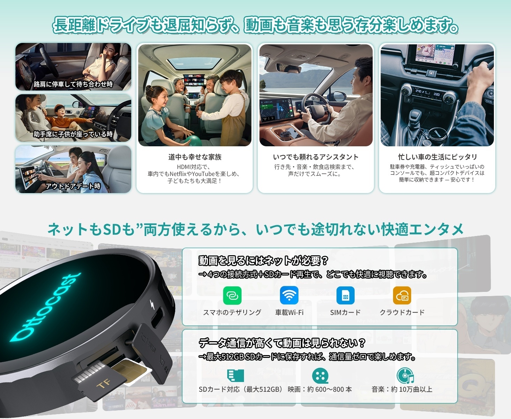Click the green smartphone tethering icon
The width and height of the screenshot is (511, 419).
point(232,296)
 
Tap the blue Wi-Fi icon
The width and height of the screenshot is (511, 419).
point(289,296)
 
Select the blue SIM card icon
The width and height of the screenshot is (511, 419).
point(345,296)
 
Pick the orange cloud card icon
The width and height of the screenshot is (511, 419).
point(402,296)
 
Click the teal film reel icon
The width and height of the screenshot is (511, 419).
point(320,376)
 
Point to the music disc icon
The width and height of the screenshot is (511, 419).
point(405,376)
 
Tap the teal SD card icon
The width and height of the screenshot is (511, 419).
point(236,376)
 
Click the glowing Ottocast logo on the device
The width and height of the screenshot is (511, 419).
point(45,307)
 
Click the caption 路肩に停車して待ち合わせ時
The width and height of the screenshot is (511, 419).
point(73,84)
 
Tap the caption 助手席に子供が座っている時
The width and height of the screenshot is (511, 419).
point(73,134)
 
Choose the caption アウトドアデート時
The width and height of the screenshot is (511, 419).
point(73,186)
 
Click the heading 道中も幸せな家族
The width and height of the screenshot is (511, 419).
point(195,157)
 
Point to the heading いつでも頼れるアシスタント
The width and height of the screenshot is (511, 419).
point(316,157)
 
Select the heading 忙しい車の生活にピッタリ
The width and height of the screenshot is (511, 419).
point(437,157)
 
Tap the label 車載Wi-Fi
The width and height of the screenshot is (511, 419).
point(289,313)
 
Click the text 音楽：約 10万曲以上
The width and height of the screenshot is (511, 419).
point(402,389)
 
